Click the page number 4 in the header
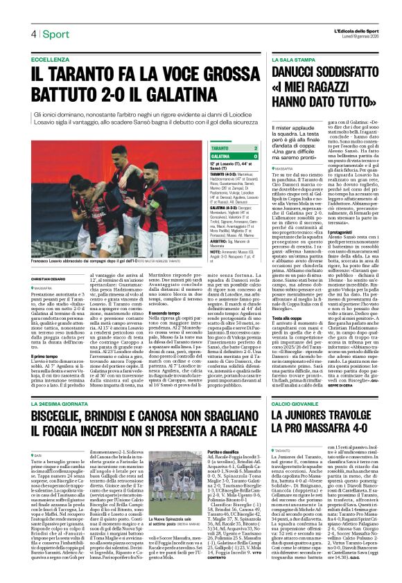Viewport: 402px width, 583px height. click(x=33, y=34)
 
